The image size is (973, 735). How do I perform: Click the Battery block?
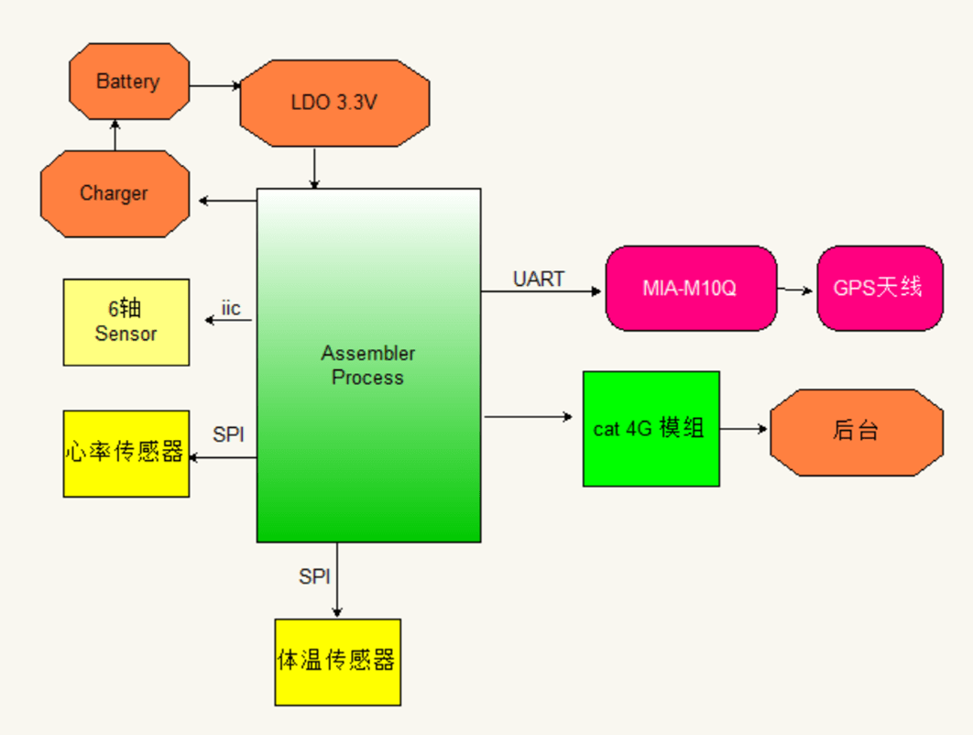tap(129, 82)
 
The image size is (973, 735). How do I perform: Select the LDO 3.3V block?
tap(334, 103)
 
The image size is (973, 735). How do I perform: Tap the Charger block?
tap(115, 193)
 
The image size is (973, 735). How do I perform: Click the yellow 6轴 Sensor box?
tap(126, 322)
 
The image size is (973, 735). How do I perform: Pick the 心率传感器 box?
tap(126, 453)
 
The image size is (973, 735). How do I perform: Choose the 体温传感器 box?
tap(337, 662)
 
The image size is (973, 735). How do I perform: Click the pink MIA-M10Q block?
tap(691, 288)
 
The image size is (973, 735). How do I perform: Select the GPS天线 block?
tap(880, 288)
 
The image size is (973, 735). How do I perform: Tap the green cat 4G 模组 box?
tap(650, 428)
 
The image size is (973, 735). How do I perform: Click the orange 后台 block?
tap(857, 432)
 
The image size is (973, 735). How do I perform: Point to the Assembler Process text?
tap(367, 365)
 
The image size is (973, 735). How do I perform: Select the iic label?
tap(231, 308)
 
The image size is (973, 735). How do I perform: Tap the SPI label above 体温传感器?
tap(314, 576)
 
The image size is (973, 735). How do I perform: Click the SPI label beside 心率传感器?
tap(229, 434)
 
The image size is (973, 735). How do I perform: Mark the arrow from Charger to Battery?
tap(115, 136)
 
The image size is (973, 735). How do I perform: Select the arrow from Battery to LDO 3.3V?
tap(215, 86)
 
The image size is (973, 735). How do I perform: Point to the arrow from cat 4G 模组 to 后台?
tap(744, 428)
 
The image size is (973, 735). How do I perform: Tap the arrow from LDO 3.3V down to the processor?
tap(314, 168)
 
